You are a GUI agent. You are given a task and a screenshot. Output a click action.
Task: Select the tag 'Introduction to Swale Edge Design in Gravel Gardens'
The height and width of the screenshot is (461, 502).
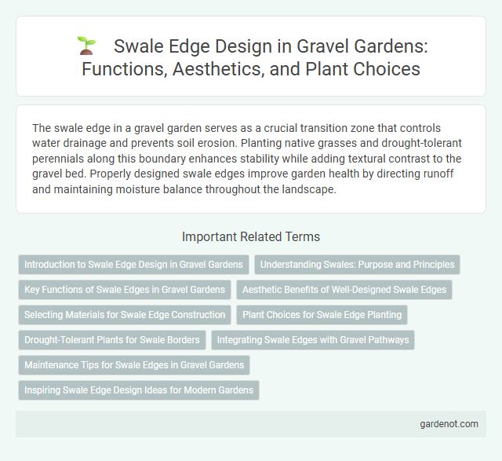click(x=133, y=265)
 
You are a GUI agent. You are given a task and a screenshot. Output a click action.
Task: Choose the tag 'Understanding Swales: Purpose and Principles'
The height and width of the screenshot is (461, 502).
click(x=358, y=265)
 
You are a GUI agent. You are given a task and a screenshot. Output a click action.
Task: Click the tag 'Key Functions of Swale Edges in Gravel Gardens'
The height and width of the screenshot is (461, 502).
click(x=125, y=290)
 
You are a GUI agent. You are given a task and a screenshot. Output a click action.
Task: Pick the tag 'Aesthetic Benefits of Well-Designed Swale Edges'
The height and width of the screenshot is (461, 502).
click(x=344, y=290)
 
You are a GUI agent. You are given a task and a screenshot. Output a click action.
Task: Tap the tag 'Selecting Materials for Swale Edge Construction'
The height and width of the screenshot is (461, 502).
click(x=124, y=315)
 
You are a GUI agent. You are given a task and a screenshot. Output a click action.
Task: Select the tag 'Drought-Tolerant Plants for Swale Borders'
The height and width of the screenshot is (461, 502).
click(x=112, y=340)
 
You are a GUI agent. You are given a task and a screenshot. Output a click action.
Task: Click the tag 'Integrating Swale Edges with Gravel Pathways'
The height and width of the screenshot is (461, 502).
click(x=313, y=340)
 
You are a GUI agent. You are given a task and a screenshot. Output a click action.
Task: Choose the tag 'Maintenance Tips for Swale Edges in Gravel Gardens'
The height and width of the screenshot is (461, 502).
click(x=133, y=365)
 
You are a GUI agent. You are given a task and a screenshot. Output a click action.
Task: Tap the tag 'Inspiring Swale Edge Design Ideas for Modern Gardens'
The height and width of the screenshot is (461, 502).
click(x=138, y=390)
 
